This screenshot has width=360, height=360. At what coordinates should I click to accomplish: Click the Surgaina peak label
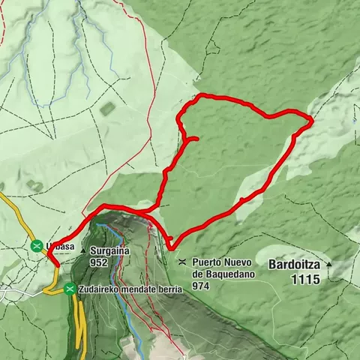(109, 252)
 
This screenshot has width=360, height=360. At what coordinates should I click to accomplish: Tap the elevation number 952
(98, 263)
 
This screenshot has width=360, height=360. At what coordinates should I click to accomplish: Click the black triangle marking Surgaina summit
(83, 251)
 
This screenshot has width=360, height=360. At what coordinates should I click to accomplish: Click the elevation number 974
(199, 286)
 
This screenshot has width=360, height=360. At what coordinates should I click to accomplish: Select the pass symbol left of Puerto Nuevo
(182, 262)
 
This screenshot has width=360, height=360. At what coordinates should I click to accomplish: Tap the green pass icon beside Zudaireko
(70, 289)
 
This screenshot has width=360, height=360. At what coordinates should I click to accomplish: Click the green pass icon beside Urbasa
(36, 245)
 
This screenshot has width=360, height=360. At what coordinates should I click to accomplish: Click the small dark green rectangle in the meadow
(107, 108)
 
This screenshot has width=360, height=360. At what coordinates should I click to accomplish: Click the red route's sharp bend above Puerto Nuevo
(170, 247)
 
